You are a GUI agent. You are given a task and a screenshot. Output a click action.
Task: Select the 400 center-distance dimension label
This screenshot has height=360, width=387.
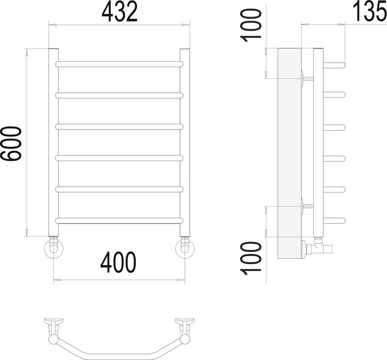(x=118, y=262)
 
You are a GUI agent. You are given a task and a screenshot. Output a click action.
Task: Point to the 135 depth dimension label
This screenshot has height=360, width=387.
(x=370, y=11)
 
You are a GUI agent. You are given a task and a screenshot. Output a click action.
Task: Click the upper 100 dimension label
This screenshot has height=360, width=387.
(x=251, y=25)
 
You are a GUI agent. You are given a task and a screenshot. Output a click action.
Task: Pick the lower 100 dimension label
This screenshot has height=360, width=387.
(x=251, y=258)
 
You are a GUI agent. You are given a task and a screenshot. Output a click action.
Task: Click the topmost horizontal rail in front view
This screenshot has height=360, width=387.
(x=119, y=64)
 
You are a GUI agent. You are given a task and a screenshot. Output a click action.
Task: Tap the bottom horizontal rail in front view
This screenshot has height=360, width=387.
(x=119, y=220)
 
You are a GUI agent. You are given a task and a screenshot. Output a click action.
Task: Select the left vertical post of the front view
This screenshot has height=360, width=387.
(x=53, y=142)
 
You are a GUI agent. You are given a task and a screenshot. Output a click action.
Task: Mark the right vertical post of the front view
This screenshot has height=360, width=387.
(x=185, y=142)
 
